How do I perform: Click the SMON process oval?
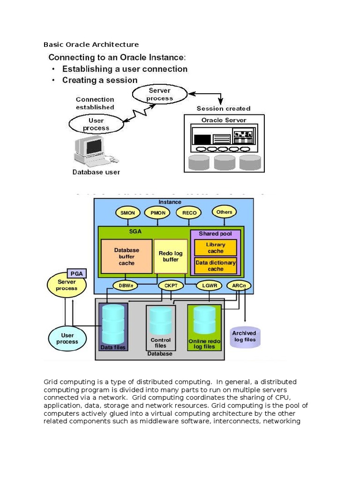[x=127, y=213]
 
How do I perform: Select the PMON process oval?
[x=157, y=213]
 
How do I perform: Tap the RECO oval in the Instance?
[x=189, y=213]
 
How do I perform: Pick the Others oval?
[x=224, y=212]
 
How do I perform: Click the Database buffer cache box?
[x=127, y=256]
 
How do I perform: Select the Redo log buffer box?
[x=171, y=256]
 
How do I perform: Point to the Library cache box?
[x=216, y=247]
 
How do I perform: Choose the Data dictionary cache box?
[x=216, y=266]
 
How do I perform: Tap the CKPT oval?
[x=168, y=285]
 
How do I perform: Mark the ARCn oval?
[x=239, y=285]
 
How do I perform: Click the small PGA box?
[x=75, y=273]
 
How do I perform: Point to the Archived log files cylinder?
[x=244, y=337]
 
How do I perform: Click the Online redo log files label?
[x=204, y=344]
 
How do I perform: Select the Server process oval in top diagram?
[x=159, y=95]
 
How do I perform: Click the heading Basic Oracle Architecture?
[x=91, y=45]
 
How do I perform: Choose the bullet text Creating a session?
[x=100, y=80]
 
